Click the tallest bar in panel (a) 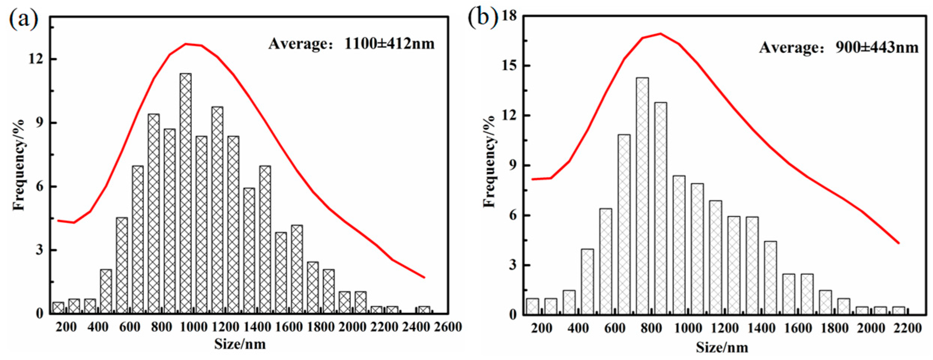[185, 193]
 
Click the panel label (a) [23, 19]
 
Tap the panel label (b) [483, 17]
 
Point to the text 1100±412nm [389, 44]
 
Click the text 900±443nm [877, 48]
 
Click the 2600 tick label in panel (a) [448, 327]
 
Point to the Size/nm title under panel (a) [240, 344]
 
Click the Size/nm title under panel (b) [722, 347]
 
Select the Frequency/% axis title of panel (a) [19, 165]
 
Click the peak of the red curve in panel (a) [186, 44]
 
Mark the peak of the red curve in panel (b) [660, 34]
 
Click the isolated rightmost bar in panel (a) [424, 310]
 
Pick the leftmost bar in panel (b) [532, 306]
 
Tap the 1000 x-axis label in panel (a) [193, 327]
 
